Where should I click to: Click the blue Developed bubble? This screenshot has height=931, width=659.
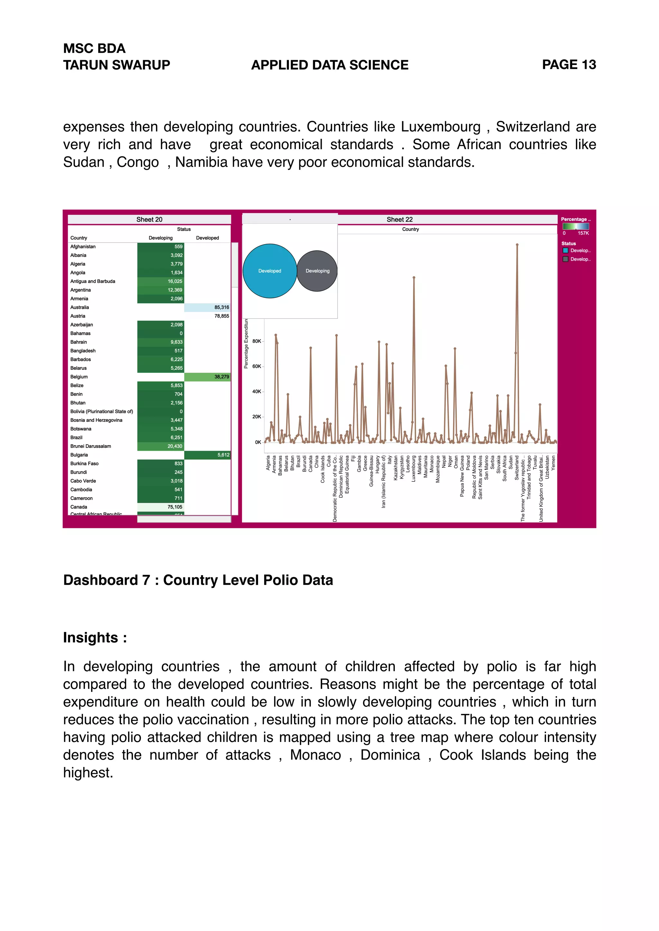coord(269,271)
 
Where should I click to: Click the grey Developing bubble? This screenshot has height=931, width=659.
coord(317,271)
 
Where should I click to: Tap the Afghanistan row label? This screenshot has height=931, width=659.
coord(83,247)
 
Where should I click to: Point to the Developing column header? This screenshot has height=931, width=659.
coord(161,238)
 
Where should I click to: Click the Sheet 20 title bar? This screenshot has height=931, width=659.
coord(149,219)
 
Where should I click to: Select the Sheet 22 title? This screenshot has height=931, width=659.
coord(399,219)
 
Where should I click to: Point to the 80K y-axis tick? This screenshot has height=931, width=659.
coord(257,341)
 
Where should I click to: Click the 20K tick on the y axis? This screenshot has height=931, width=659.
coord(257,417)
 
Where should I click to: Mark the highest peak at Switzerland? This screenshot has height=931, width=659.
coord(517,245)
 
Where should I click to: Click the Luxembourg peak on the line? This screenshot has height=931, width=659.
coord(414,278)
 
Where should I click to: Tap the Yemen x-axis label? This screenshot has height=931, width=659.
coord(553,463)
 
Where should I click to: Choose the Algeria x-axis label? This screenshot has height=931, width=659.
coord(268,463)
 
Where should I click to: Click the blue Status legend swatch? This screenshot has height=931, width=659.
coord(565,250)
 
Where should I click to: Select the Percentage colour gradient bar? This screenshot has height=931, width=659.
coord(575,226)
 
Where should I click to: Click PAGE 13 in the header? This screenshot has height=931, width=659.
coord(569,65)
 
